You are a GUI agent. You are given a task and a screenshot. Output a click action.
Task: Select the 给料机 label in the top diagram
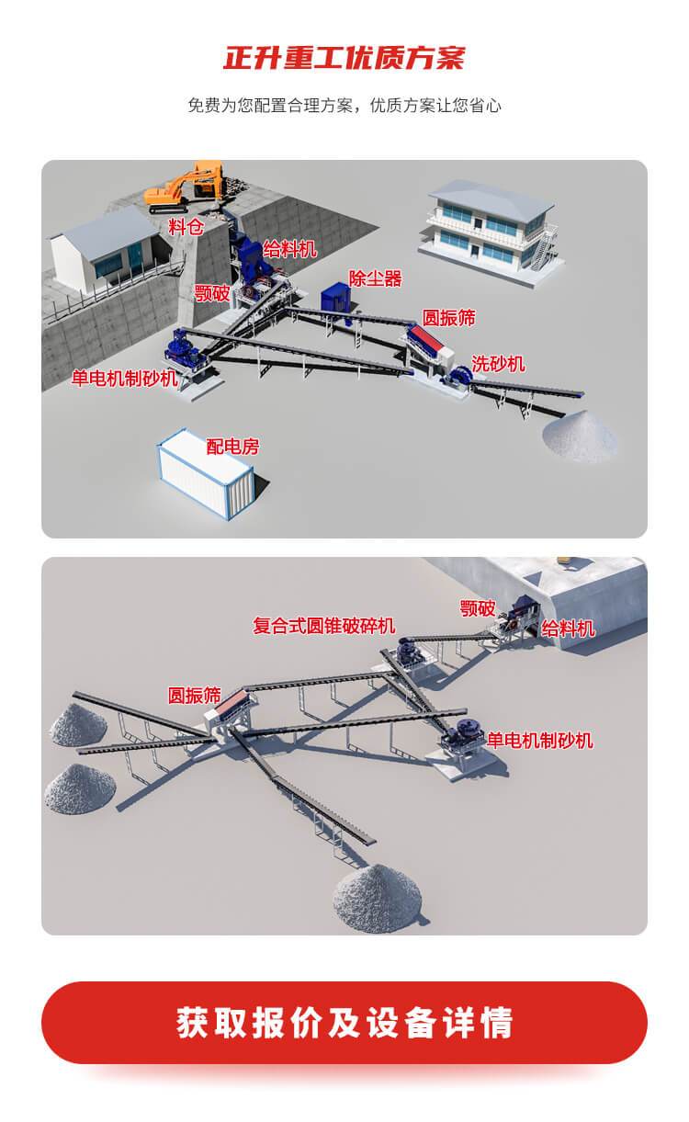pyautogui.click(x=289, y=248)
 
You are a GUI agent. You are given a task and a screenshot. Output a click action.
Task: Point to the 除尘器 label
pyautogui.click(x=375, y=278)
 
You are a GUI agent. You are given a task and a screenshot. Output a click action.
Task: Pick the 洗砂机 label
pyautogui.click(x=498, y=364)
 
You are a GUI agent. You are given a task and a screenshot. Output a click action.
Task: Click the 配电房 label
pyautogui.click(x=232, y=448)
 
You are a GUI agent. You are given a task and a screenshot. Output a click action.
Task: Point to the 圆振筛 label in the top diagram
pyautogui.click(x=448, y=318)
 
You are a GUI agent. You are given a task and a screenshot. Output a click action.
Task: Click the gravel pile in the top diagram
pyautogui.click(x=581, y=436)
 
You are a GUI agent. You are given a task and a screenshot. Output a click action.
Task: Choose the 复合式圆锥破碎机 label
pyautogui.click(x=324, y=626)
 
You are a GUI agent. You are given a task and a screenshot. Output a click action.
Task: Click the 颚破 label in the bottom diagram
pyautogui.click(x=478, y=608)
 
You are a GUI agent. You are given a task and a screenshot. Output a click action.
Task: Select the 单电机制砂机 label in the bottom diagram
pyautogui.click(x=540, y=740)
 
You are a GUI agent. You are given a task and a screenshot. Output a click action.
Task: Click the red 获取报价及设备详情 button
pyautogui.click(x=344, y=1022)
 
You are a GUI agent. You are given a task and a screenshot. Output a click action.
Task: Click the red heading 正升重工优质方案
pyautogui.click(x=344, y=58)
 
